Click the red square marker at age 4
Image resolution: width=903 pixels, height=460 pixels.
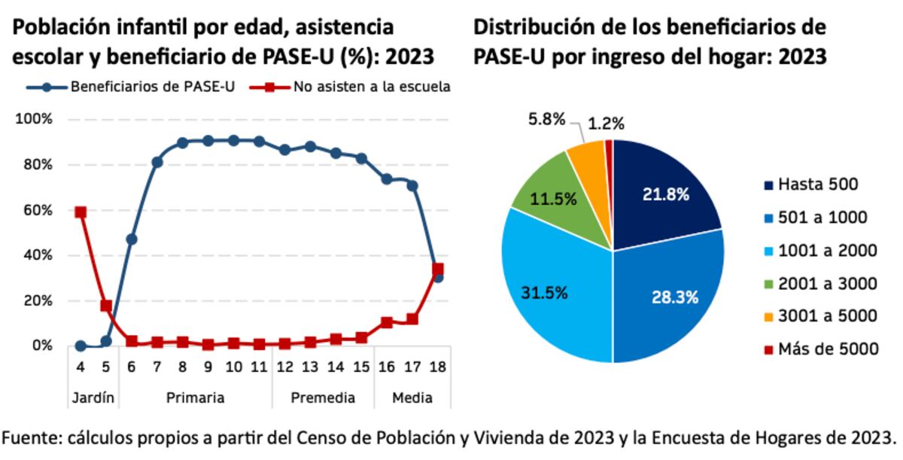pyautogui.click(x=81, y=212)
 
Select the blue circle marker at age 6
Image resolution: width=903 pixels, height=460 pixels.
pyautogui.click(x=132, y=239)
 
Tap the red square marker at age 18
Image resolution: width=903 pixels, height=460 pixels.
pyautogui.click(x=438, y=269)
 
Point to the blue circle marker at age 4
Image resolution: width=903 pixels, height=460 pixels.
pyautogui.click(x=81, y=346)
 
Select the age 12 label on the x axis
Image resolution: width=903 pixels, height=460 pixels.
pyautogui.click(x=284, y=367)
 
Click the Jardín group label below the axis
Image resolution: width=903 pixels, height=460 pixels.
pyautogui.click(x=93, y=398)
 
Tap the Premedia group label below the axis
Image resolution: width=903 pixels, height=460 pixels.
pyautogui.click(x=322, y=398)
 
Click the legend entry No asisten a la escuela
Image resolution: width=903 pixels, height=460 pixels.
pyautogui.click(x=372, y=87)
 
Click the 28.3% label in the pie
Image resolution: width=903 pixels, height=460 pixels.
pyautogui.click(x=676, y=297)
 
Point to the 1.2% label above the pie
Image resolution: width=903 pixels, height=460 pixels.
pyautogui.click(x=607, y=123)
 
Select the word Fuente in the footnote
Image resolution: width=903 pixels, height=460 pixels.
pyautogui.click(x=31, y=438)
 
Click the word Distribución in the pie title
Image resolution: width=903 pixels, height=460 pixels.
pyautogui.click(x=539, y=28)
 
